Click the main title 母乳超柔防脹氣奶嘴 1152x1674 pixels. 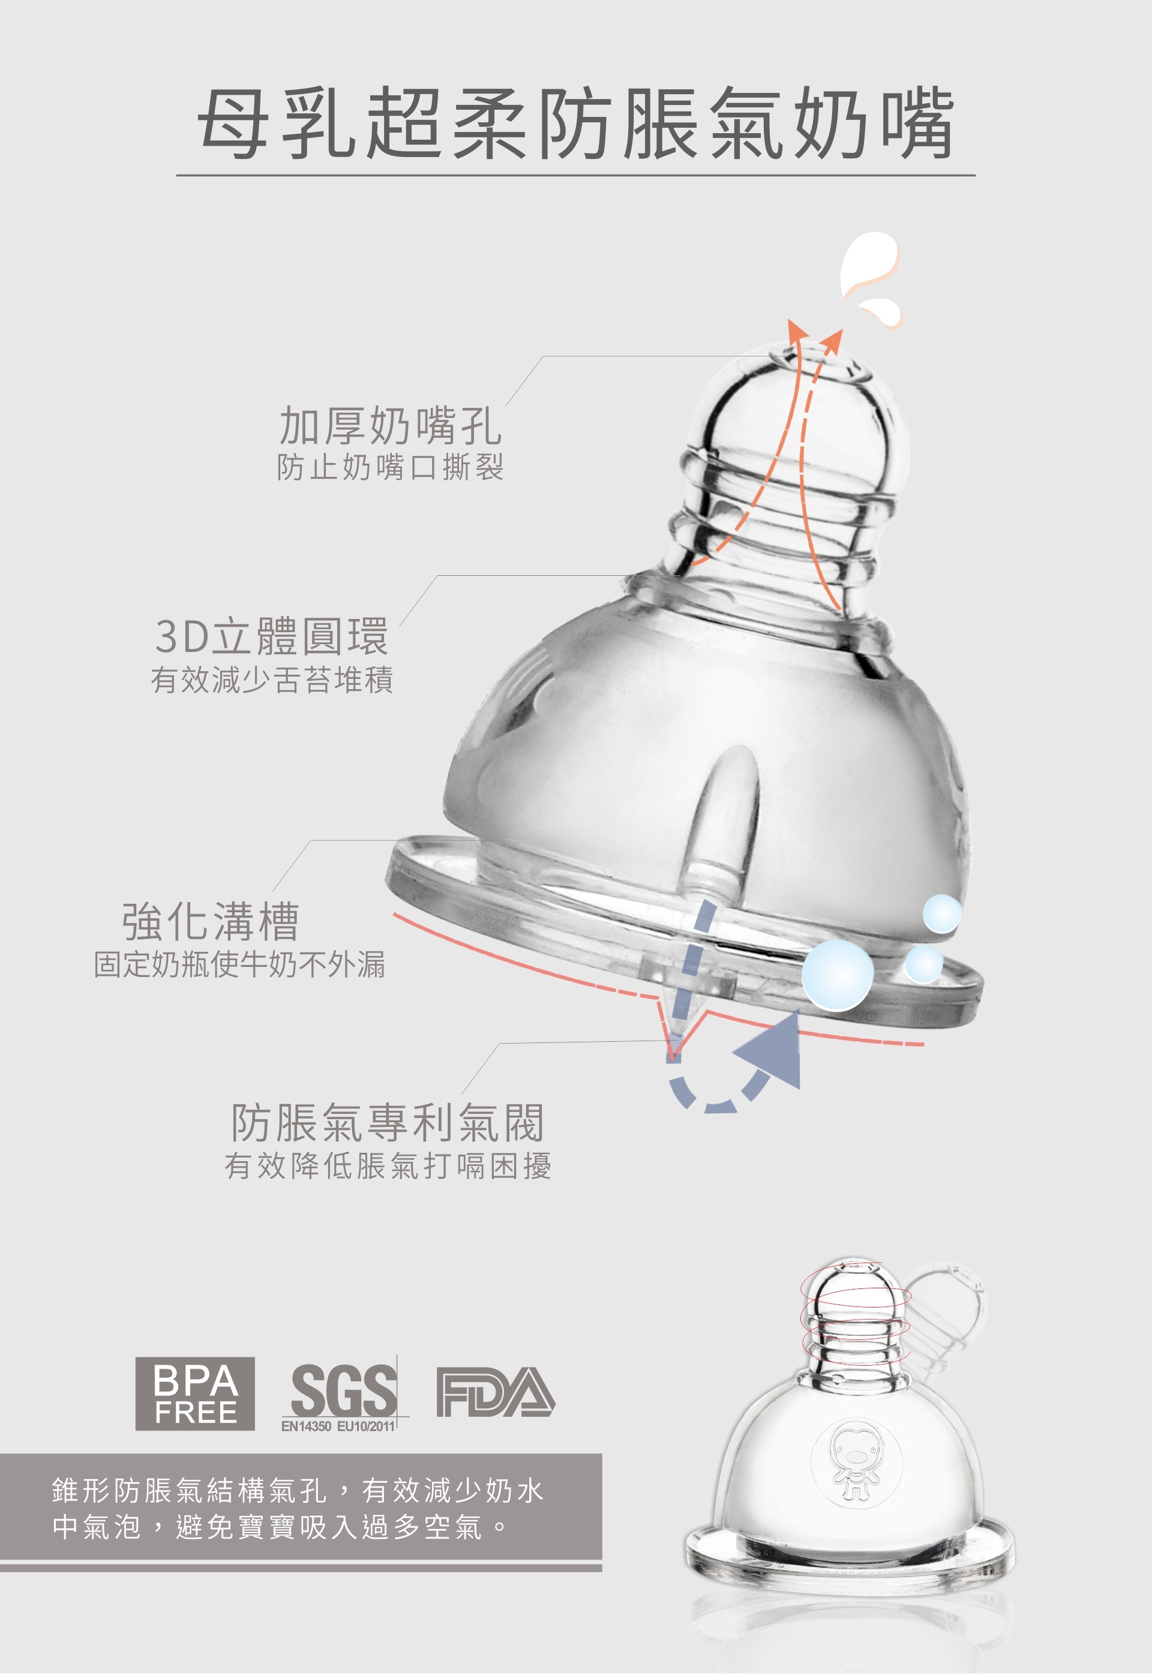point(575,124)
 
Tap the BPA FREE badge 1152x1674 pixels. point(195,1393)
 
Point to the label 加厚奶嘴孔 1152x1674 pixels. point(390,426)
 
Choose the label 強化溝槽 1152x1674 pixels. point(210,921)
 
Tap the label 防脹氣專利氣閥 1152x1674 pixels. point(388,1123)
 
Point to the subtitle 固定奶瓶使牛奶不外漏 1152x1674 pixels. point(239,964)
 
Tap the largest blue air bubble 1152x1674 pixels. point(837,974)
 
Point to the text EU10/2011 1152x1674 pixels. point(366,1426)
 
